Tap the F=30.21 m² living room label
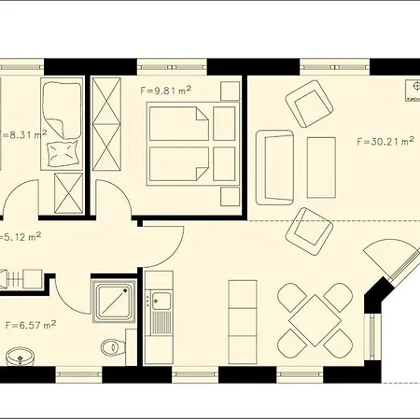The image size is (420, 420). (385, 142)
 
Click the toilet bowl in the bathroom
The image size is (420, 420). (112, 347)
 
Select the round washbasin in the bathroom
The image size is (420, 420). (20, 357)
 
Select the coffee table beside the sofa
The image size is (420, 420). (321, 166)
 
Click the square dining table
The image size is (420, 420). (309, 319)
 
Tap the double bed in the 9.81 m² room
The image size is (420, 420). (183, 144)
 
